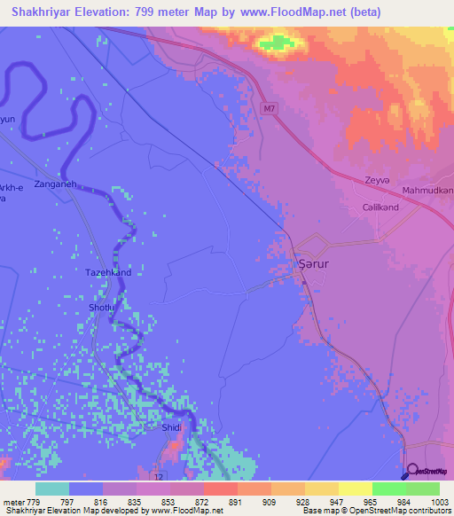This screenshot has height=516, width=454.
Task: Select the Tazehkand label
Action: coord(108,272)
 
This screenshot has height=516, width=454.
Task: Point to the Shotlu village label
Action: coord(99,307)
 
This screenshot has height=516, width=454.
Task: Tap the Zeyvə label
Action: coord(377,180)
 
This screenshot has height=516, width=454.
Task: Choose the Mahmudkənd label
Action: coord(427,191)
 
